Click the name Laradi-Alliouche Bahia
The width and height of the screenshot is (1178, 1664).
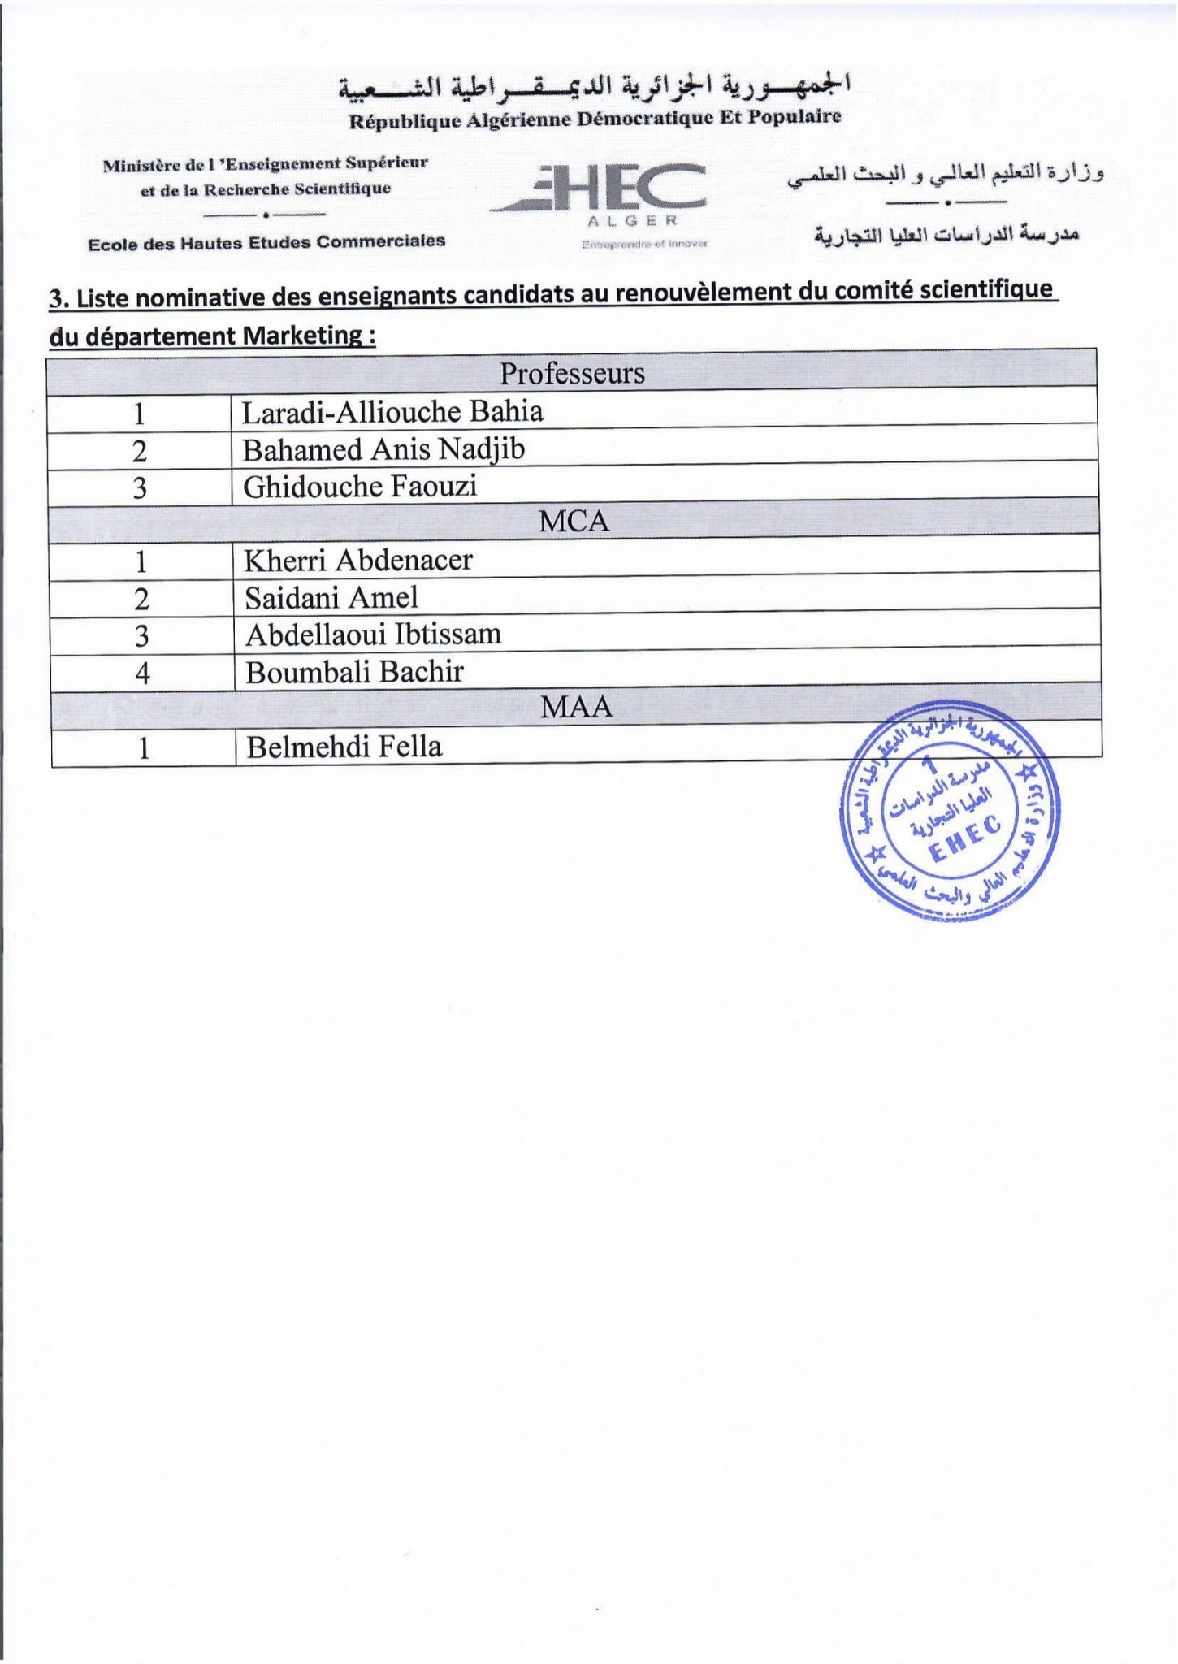[392, 412]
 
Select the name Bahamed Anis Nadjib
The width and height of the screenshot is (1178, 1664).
[383, 449]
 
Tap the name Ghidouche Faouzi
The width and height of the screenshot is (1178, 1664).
[360, 487]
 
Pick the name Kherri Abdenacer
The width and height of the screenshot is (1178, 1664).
[358, 560]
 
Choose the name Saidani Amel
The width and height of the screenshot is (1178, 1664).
[331, 598]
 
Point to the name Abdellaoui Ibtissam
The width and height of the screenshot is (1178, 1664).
[373, 635]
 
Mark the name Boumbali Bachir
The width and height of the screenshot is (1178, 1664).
[354, 673]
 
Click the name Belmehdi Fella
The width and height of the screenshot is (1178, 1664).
[344, 747]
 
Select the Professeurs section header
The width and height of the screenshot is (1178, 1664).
[572, 374]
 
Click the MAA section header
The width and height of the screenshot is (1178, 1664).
[576, 708]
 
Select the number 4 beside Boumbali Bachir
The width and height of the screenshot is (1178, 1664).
[142, 674]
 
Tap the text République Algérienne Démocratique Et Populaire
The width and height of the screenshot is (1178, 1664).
[595, 119]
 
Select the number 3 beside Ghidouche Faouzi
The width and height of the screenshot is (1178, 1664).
[140, 488]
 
